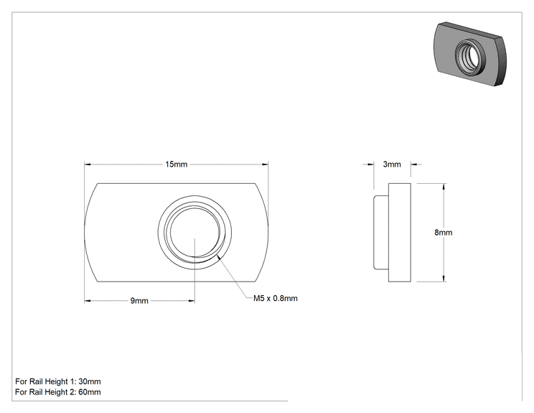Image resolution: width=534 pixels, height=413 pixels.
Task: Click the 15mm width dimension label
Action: [176, 164]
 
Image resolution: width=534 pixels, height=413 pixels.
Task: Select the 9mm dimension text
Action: [139, 301]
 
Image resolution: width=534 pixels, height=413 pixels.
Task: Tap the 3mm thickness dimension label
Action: [392, 164]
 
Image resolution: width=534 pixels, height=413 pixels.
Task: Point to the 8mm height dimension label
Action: [443, 233]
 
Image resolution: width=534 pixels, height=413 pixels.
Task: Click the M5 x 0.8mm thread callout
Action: [275, 299]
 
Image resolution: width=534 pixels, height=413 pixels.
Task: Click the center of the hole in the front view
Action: [195, 232]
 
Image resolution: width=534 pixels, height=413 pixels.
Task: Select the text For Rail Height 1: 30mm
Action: [58, 381]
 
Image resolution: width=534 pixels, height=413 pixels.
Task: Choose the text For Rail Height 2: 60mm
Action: [58, 392]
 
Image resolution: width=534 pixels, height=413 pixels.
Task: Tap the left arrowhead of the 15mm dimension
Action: [87, 164]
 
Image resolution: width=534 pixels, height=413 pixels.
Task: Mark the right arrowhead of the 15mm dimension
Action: [266, 164]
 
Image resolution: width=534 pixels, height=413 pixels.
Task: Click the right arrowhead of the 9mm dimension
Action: [192, 301]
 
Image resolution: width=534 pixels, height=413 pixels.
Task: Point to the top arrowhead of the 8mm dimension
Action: [444, 186]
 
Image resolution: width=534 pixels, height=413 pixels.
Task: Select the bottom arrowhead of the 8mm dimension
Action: [444, 279]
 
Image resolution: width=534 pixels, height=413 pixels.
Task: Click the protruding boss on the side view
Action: [381, 233]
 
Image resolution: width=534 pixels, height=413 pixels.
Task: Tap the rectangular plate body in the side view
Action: [400, 233]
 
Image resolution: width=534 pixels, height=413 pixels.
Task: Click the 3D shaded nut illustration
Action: [470, 53]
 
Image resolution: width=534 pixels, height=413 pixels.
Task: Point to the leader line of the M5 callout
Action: [235, 277]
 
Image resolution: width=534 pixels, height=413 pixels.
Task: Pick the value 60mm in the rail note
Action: [90, 392]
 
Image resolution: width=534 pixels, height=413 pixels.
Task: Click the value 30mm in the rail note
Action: [90, 381]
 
